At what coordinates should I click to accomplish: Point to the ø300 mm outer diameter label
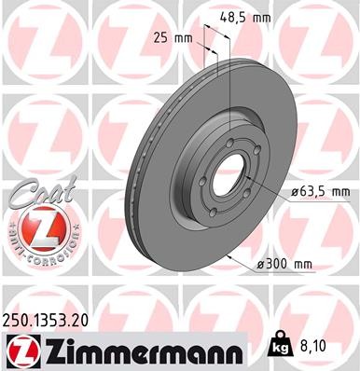click(x=284, y=264)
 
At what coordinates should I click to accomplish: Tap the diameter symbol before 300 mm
click(x=258, y=264)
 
